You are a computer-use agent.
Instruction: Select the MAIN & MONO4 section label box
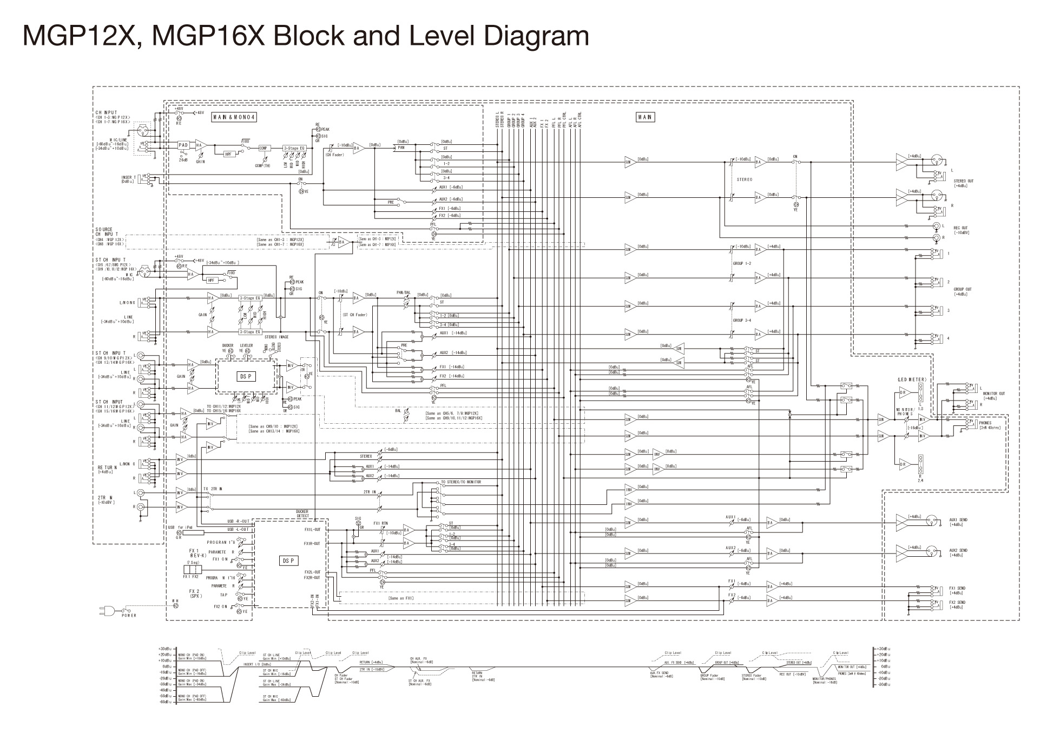234,117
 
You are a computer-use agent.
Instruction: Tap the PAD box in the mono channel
183,145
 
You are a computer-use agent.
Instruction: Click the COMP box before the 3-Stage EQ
264,148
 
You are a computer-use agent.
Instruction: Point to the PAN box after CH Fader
401,147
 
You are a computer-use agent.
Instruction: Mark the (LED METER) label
912,379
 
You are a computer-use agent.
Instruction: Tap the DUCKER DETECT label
302,514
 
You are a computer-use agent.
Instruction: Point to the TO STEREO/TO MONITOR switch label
460,482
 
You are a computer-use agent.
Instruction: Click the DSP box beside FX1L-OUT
288,561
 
